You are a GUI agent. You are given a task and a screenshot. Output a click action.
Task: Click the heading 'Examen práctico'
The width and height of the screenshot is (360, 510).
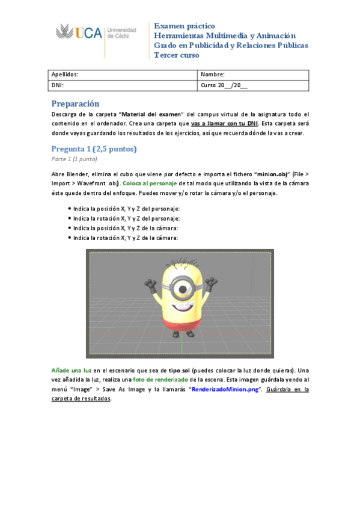pos(185,26)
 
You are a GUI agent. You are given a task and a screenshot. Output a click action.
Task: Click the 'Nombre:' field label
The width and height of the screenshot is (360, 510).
pos(213,75)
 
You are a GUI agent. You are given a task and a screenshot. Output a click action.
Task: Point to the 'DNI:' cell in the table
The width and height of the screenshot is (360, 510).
pos(58,85)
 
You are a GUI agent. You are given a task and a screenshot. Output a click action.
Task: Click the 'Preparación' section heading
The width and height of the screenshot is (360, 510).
pos(75,103)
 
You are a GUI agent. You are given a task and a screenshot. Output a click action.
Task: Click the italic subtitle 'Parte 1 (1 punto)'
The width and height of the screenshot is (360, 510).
pos(74,159)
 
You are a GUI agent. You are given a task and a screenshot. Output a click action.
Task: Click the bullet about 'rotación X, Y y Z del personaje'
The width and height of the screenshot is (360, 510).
pos(126,218)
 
